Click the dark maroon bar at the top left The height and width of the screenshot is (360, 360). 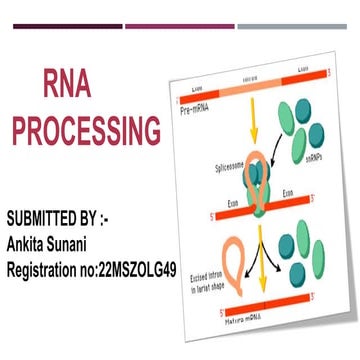click(60, 26)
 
